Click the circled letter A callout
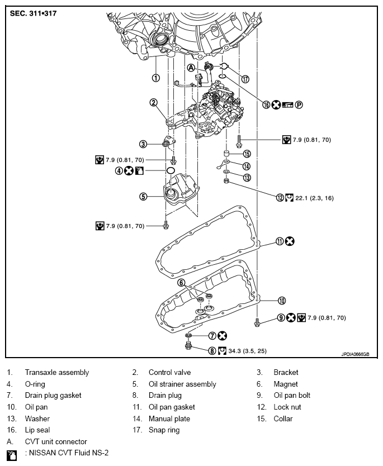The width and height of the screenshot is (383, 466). (x=191, y=67)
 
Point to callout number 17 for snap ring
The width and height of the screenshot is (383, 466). (x=244, y=79)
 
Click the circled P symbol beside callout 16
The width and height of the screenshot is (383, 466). (x=299, y=104)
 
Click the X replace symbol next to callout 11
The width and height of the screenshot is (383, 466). (x=290, y=241)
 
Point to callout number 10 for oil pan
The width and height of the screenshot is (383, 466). (x=282, y=300)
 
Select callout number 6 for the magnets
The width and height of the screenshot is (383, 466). (x=182, y=283)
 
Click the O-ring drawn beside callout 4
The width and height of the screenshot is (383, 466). (x=171, y=170)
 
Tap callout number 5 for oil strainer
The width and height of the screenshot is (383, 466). (x=143, y=196)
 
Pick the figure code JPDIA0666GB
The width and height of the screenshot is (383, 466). (x=356, y=354)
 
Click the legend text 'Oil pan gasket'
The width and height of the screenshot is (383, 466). (x=172, y=407)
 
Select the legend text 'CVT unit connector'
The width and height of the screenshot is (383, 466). (x=55, y=441)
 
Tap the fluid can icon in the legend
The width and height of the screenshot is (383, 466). (x=12, y=453)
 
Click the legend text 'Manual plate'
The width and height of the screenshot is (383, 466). (x=169, y=419)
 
